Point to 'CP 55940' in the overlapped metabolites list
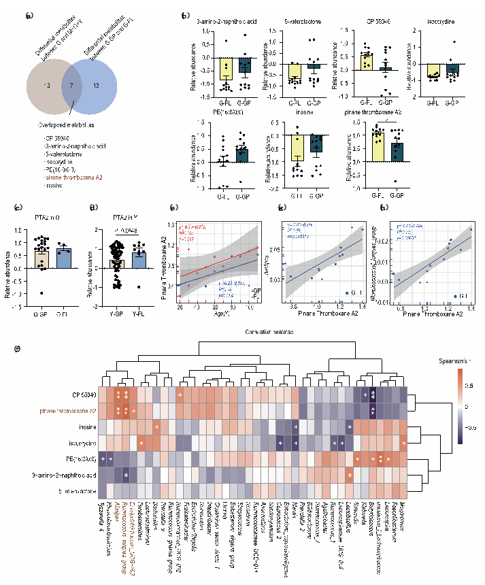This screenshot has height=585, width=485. (x=56, y=138)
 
